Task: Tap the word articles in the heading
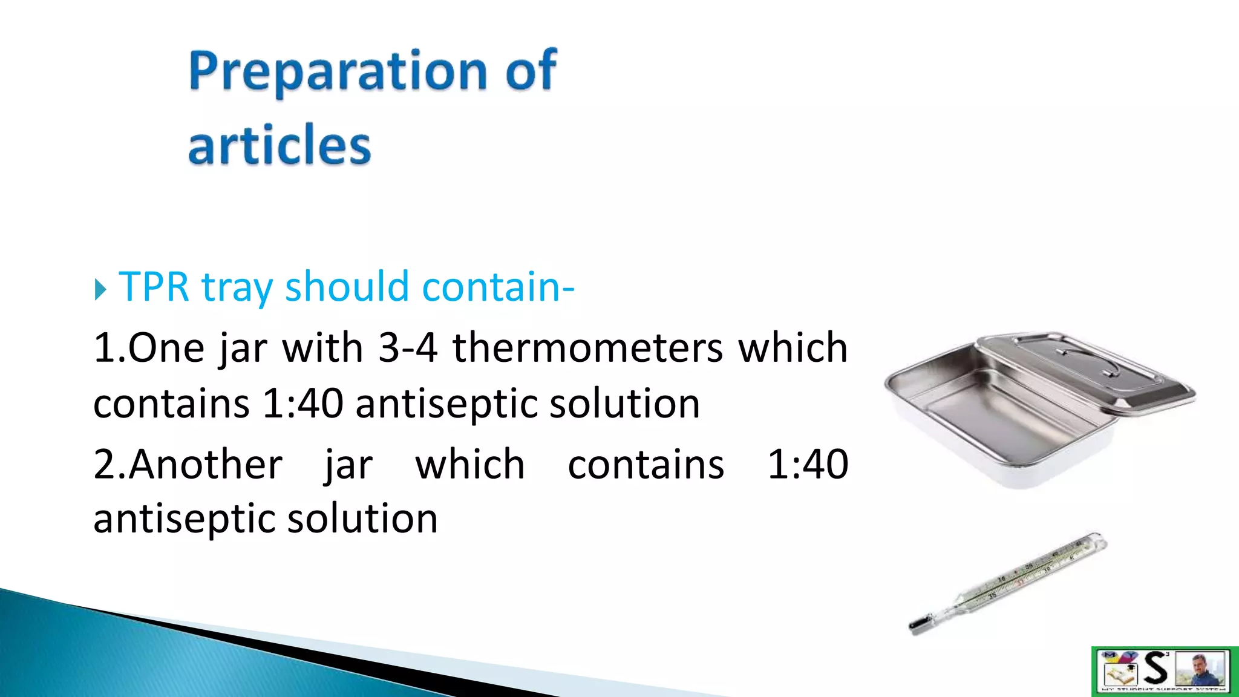[279, 145]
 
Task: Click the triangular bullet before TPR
[100, 289]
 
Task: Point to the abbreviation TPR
[154, 287]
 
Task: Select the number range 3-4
[408, 348]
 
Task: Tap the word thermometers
[587, 348]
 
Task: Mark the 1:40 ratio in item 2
[808, 465]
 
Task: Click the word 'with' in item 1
[322, 348]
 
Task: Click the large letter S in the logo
[1156, 669]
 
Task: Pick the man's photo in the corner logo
[1201, 669]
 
